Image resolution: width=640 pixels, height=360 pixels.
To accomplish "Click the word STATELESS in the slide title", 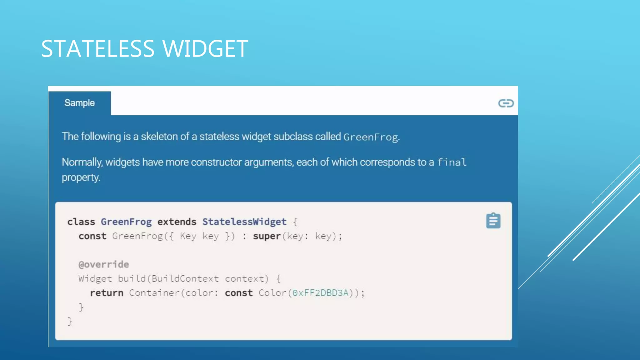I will [97, 49].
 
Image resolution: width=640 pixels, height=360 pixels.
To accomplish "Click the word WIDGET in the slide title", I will [205, 49].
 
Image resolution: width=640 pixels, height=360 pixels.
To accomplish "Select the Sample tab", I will [79, 103].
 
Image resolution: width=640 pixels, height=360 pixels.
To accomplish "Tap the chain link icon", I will [506, 103].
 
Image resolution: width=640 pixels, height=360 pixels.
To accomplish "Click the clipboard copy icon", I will [493, 221].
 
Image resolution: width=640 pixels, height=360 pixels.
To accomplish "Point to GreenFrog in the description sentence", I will [371, 137].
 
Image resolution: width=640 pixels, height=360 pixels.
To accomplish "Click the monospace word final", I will [452, 162].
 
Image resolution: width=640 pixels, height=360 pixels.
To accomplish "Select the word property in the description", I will [80, 177].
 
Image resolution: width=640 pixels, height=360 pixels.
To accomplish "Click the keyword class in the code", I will [81, 222].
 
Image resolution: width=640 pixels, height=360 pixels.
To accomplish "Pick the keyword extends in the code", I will [177, 222].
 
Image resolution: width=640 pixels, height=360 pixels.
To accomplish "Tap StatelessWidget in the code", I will [244, 222].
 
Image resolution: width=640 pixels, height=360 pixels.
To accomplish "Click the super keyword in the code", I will [267, 236].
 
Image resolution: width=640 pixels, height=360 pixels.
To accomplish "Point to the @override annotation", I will [103, 264].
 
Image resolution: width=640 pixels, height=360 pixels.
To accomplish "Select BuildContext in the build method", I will [185, 278].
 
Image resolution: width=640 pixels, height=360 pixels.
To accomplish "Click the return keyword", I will [107, 293].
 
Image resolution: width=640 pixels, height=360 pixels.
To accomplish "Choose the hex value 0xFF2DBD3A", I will [320, 293].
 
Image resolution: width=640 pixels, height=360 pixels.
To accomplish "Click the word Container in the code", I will [154, 293].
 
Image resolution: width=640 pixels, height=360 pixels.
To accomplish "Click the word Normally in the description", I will [82, 162].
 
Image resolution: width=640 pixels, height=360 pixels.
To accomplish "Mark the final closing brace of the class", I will [70, 321].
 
